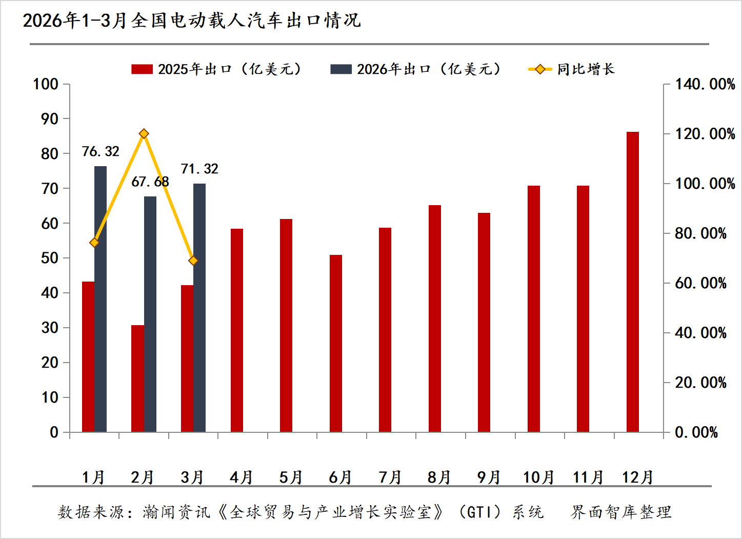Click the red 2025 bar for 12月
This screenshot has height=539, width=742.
632,282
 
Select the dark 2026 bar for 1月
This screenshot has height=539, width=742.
101,299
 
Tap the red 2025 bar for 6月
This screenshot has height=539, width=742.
335,343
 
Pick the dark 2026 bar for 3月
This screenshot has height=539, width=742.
199,308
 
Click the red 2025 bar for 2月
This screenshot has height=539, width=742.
137,378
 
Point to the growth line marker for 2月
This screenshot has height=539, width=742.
144,133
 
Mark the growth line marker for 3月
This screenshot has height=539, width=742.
193,261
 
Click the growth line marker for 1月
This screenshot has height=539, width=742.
94,243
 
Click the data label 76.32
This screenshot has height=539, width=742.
101,151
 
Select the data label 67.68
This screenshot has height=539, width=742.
150,182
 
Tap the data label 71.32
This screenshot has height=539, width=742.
199,169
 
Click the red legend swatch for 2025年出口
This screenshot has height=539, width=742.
142,69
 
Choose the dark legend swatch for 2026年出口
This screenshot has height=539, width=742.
341,69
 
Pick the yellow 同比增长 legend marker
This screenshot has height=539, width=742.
540,69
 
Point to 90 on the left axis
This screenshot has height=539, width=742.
50,119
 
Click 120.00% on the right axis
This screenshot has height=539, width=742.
705,134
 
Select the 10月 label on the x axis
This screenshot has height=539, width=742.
538,477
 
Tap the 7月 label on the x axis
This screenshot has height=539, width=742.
390,477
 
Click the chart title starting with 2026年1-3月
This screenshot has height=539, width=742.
191,20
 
